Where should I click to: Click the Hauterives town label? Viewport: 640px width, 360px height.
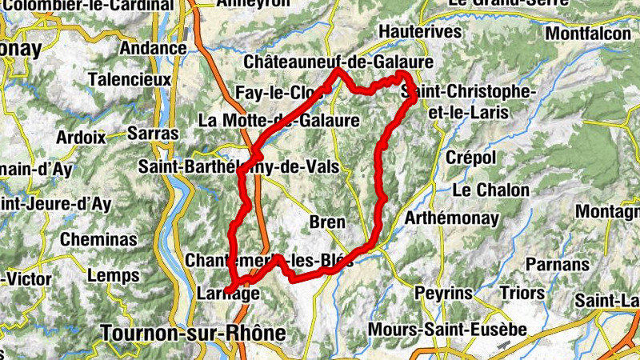[421, 32]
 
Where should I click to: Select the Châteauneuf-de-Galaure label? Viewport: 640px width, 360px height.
[338, 62]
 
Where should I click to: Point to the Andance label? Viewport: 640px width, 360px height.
[153, 48]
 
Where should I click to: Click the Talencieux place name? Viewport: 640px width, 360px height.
[130, 80]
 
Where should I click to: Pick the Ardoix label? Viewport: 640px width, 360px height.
[81, 137]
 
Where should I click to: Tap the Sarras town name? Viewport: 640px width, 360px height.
[153, 134]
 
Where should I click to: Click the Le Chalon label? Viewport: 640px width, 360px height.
[491, 190]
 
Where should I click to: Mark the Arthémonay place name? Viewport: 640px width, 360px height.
[452, 218]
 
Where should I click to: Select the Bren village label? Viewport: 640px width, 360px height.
[326, 222]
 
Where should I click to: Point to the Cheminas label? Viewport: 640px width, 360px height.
[98, 239]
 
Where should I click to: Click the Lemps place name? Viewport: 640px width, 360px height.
[113, 276]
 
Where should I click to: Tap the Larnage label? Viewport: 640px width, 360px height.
[228, 294]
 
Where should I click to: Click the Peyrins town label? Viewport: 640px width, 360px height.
[444, 294]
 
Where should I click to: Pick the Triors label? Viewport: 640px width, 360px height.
[522, 294]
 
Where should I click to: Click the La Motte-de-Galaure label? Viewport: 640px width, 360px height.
[278, 121]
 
